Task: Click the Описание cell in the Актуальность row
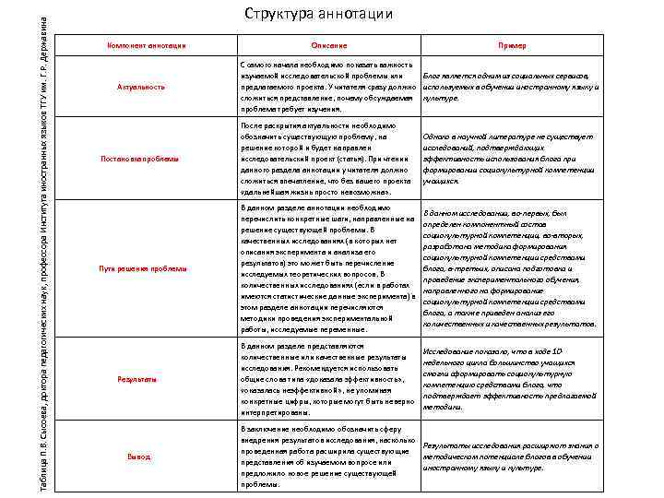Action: coord(327,87)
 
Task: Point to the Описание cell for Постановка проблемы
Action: coord(327,159)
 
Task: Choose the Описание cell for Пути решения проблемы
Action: coord(327,268)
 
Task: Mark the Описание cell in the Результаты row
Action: coord(327,379)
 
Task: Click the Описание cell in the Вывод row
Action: coord(327,456)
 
